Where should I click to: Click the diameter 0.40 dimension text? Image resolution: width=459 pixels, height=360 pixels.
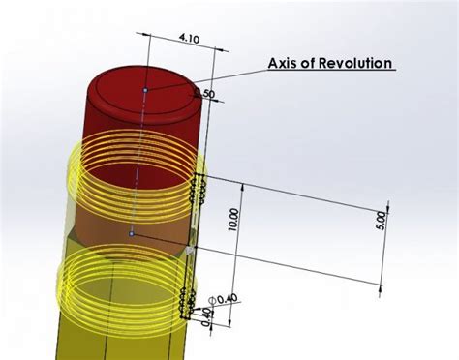tap(225, 302)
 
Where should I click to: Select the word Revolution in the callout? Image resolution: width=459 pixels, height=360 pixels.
tap(358, 64)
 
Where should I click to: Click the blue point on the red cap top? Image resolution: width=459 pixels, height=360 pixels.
tap(145, 90)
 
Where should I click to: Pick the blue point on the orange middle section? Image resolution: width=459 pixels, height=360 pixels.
tap(132, 233)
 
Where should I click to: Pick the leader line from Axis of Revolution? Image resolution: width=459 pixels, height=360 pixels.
tap(213, 78)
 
